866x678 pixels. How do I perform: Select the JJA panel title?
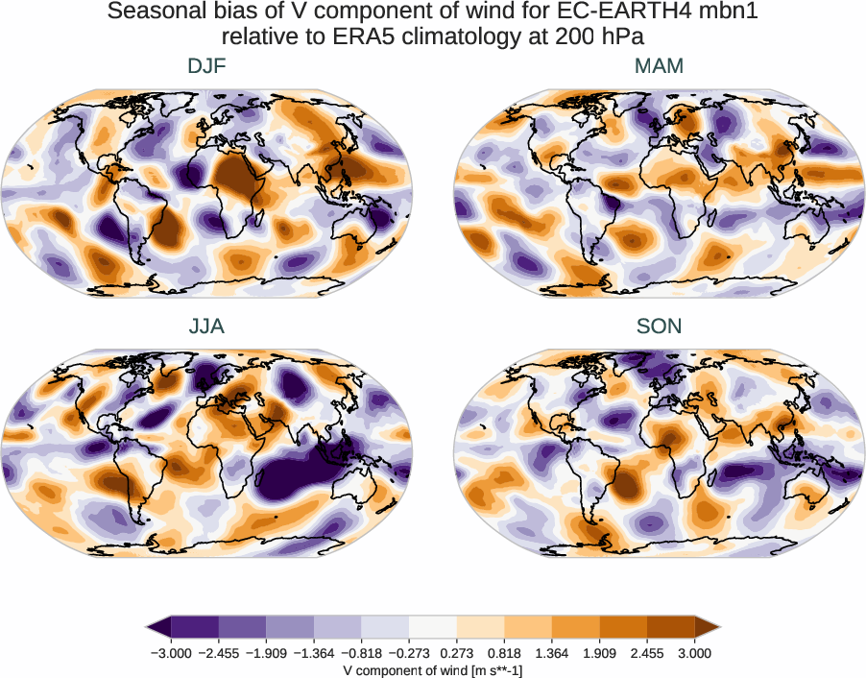pyautogui.click(x=207, y=327)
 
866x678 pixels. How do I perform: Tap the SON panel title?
pyautogui.click(x=659, y=327)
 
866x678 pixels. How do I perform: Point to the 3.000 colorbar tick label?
pyautogui.click(x=695, y=653)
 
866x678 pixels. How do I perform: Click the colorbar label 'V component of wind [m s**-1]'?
pyautogui.click(x=433, y=669)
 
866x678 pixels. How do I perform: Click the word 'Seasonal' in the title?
pyautogui.click(x=154, y=12)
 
